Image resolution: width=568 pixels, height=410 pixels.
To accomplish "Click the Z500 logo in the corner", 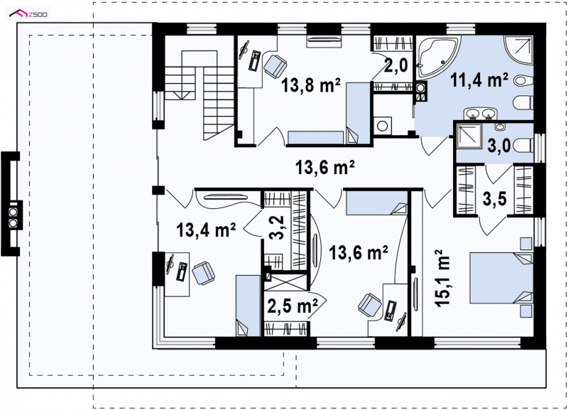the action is pos(28,14).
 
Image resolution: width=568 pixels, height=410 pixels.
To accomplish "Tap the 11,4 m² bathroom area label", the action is pos(479,80).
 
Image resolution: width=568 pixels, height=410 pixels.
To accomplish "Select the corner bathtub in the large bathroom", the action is pos(437,58).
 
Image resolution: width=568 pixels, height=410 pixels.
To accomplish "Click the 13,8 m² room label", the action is pos(311,86).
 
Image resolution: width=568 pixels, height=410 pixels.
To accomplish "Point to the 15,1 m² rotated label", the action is pos(442,278).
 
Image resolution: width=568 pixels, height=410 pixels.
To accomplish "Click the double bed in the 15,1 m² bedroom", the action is pos(501,278).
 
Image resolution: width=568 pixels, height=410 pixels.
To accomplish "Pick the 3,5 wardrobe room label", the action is pos(495,199).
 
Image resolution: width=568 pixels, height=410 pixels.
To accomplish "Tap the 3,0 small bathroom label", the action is pos(499,146).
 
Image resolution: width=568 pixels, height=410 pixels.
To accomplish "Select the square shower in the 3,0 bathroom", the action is pos(469,136).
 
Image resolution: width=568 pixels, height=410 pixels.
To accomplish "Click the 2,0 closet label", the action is pos(396,66).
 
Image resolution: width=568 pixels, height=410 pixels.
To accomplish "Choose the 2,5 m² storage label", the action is pos(293,306).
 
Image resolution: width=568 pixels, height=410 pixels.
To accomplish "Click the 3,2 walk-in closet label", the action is pos(278,228).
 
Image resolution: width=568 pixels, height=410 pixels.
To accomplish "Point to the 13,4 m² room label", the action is pos(206,230).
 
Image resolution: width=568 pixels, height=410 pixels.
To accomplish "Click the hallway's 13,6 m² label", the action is pos(325,168).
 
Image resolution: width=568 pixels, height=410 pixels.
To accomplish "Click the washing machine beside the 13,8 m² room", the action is pos(383,126).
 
